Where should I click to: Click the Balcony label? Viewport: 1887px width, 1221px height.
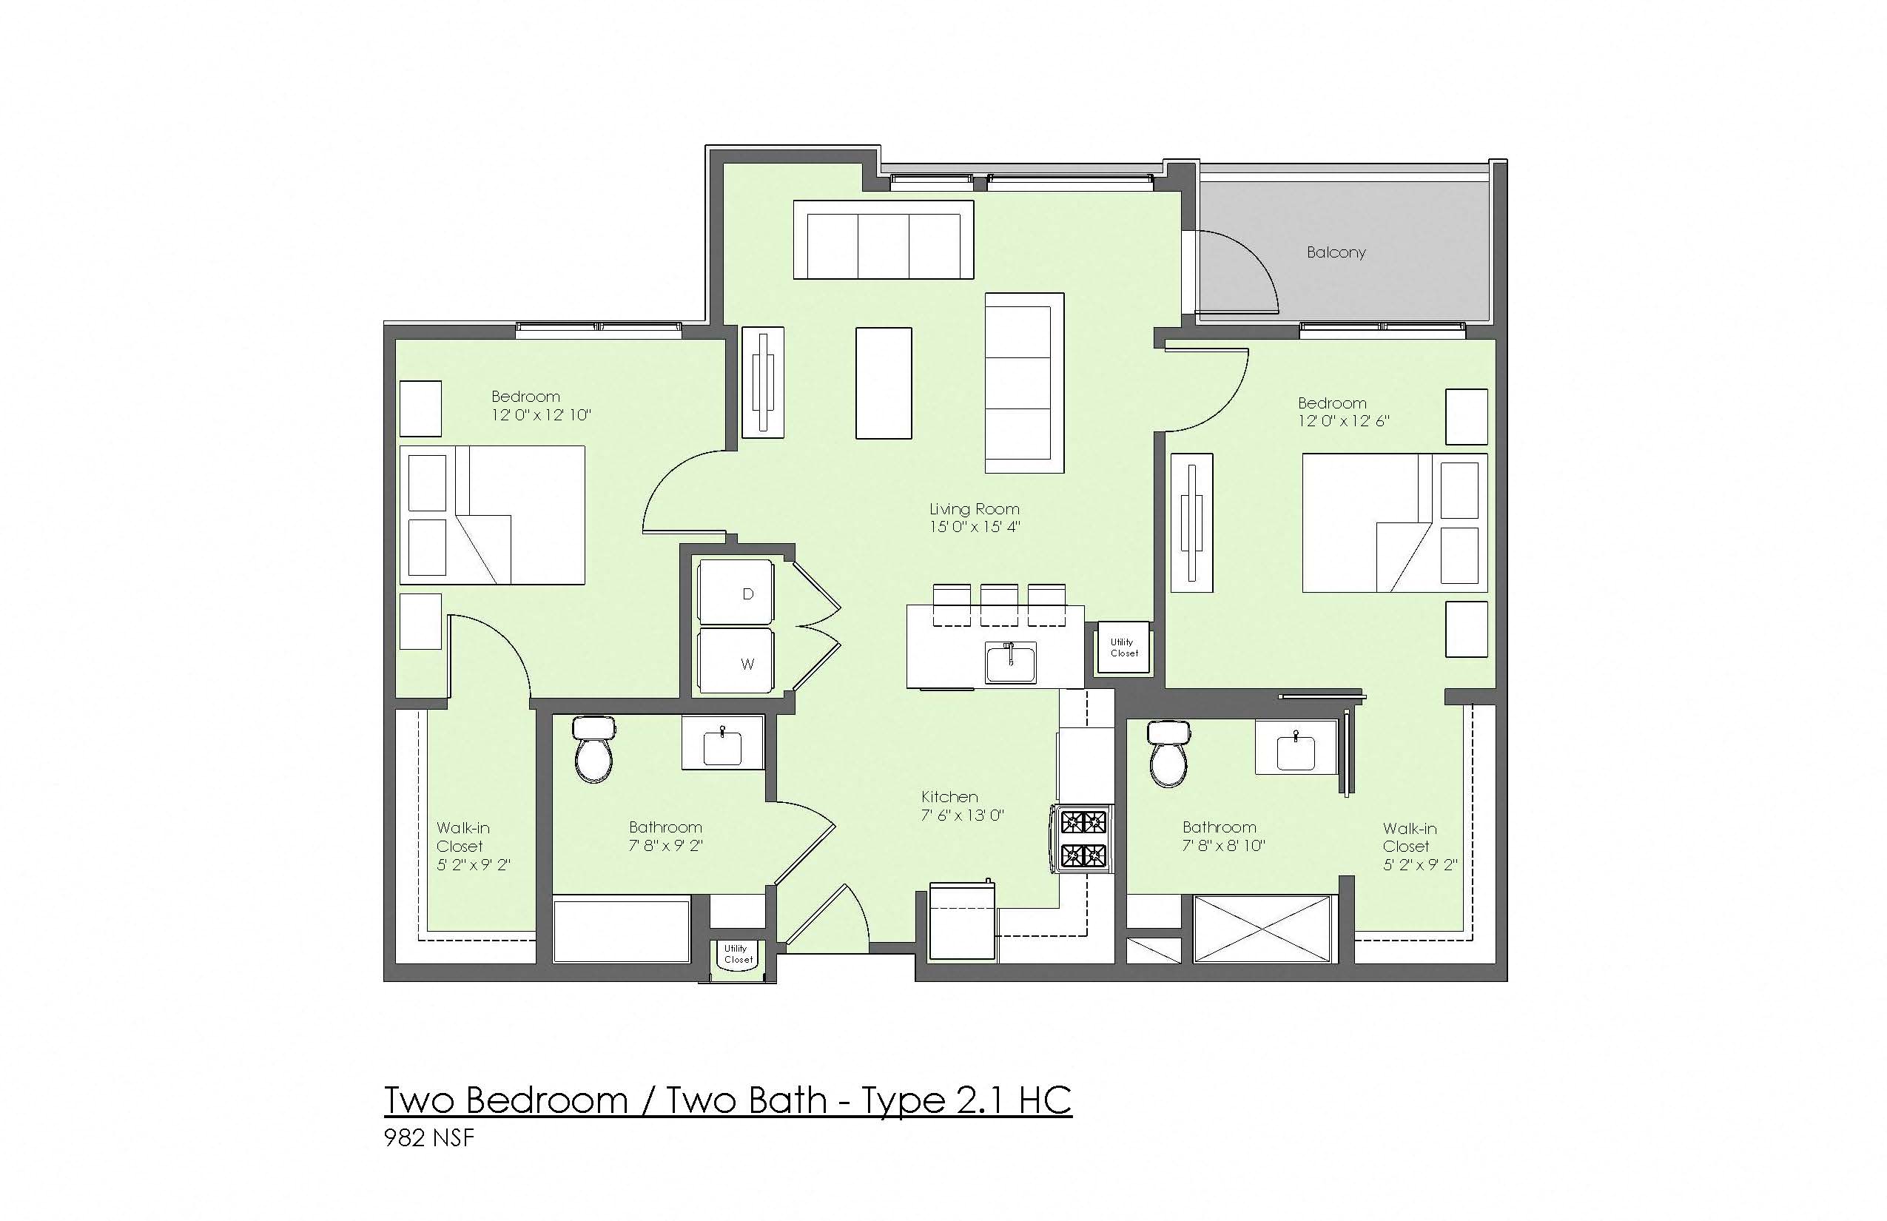[x=1336, y=252]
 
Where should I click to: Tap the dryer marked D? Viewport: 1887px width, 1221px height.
[x=735, y=593]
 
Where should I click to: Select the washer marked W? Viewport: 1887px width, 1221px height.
[x=735, y=662]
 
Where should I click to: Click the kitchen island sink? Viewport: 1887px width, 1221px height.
[x=1010, y=664]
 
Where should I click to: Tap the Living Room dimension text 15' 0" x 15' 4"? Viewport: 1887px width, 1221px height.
[x=975, y=527]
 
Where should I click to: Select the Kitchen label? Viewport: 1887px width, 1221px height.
[x=949, y=797]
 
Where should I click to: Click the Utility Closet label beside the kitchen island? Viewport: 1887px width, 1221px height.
[x=1123, y=647]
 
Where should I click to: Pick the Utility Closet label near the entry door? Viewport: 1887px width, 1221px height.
[x=736, y=954]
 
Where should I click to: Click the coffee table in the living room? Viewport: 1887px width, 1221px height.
[x=884, y=383]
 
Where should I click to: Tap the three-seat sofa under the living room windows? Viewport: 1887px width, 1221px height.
[x=884, y=240]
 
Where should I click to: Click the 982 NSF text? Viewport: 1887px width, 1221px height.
[x=429, y=1139]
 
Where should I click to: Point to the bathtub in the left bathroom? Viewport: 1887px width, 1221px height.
[x=621, y=929]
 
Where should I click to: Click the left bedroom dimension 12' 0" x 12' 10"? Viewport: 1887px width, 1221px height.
[x=541, y=414]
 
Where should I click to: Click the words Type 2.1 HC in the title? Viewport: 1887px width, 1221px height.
[x=966, y=1100]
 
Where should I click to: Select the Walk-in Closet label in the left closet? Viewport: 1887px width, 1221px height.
[x=462, y=836]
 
